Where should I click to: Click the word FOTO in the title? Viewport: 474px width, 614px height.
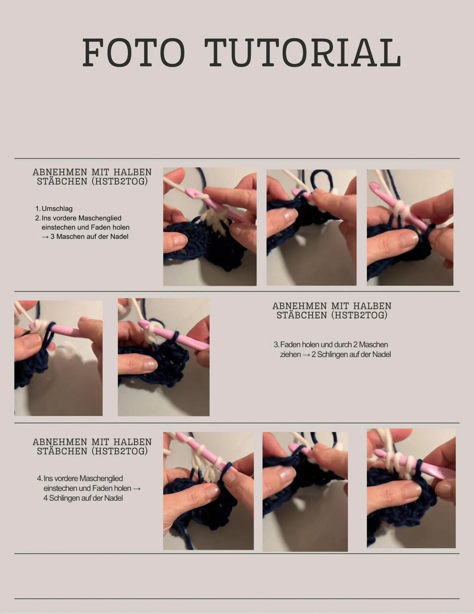(134, 53)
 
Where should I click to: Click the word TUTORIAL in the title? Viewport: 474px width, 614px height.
(303, 53)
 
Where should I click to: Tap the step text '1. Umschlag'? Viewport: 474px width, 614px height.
(54, 209)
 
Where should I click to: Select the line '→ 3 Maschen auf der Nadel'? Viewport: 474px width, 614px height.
(85, 237)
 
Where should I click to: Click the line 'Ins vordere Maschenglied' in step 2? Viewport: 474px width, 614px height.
(81, 218)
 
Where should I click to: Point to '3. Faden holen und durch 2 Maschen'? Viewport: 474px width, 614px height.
(331, 345)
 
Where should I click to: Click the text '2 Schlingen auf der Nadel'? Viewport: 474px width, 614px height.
(351, 354)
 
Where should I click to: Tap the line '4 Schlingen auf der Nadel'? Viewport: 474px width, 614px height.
(83, 498)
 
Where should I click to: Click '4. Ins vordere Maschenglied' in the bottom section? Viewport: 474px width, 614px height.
(80, 478)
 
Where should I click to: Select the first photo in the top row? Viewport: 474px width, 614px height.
(210, 226)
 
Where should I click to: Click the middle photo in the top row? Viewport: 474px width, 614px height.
(311, 227)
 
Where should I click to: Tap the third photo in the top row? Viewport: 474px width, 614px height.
(410, 227)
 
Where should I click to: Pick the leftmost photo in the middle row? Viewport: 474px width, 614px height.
(58, 358)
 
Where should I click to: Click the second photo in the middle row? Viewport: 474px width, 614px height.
(163, 357)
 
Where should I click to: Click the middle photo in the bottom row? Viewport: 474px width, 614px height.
(305, 492)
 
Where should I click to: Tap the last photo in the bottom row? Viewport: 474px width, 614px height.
(411, 488)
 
